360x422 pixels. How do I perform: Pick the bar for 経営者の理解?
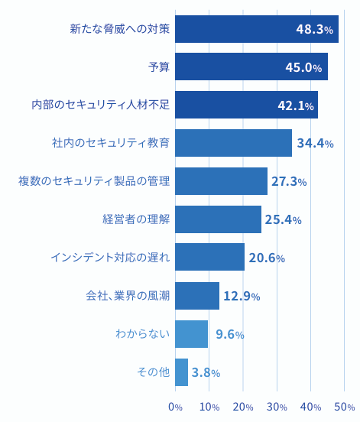click(218, 219)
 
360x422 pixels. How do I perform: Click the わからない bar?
click(191, 334)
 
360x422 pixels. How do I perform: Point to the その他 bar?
click(181, 372)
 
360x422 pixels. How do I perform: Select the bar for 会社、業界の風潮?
click(196, 296)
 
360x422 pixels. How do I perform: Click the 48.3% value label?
click(314, 30)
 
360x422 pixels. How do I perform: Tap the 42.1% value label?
click(296, 105)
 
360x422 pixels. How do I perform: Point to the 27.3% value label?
click(289, 182)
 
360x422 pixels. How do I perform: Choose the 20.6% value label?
click(266, 258)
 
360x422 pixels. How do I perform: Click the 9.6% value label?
click(229, 334)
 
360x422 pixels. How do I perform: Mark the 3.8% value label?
click(206, 373)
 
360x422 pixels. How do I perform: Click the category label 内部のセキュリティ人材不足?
click(100, 105)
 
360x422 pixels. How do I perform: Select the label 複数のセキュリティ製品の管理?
click(94, 181)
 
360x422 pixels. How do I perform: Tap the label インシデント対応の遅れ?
click(110, 258)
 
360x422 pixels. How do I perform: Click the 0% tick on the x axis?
click(175, 407)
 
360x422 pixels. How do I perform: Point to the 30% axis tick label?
click(277, 407)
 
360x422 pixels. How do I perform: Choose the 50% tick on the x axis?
click(345, 407)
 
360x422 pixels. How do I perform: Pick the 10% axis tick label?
click(209, 407)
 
